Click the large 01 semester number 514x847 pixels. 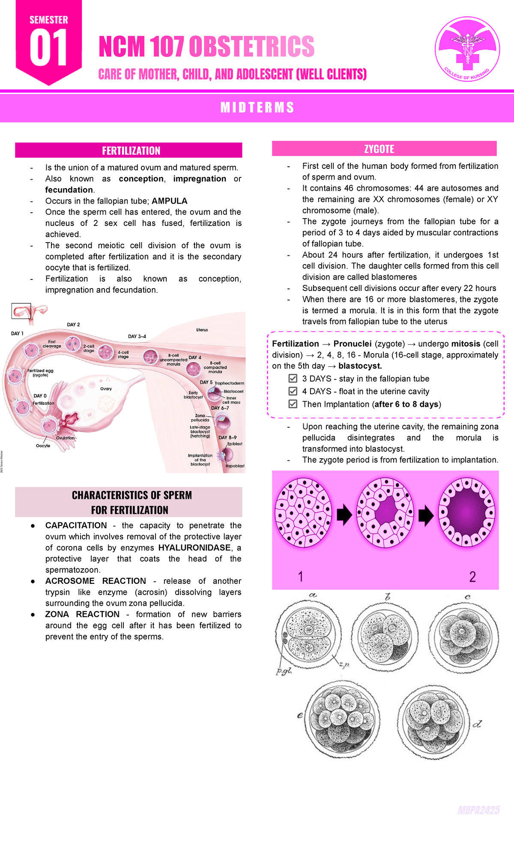(48, 48)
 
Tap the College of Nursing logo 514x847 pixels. (467, 49)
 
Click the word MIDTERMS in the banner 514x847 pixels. (257, 107)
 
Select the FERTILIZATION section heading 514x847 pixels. (131, 150)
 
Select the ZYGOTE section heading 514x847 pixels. (379, 149)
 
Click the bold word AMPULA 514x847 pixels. (170, 201)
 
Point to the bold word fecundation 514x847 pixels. (69, 190)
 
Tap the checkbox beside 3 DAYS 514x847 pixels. (293, 378)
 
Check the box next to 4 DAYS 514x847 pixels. (293, 391)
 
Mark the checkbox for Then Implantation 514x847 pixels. (293, 404)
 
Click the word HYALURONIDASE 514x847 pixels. (194, 548)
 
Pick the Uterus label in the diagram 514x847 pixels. (202, 330)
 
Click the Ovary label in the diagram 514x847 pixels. (106, 389)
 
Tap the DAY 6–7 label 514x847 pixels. (220, 408)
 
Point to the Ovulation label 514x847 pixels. (66, 438)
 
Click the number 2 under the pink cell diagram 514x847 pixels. (472, 577)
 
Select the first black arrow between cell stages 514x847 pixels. (344, 515)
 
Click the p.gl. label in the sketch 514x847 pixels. (284, 671)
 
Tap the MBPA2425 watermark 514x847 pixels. (478, 811)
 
